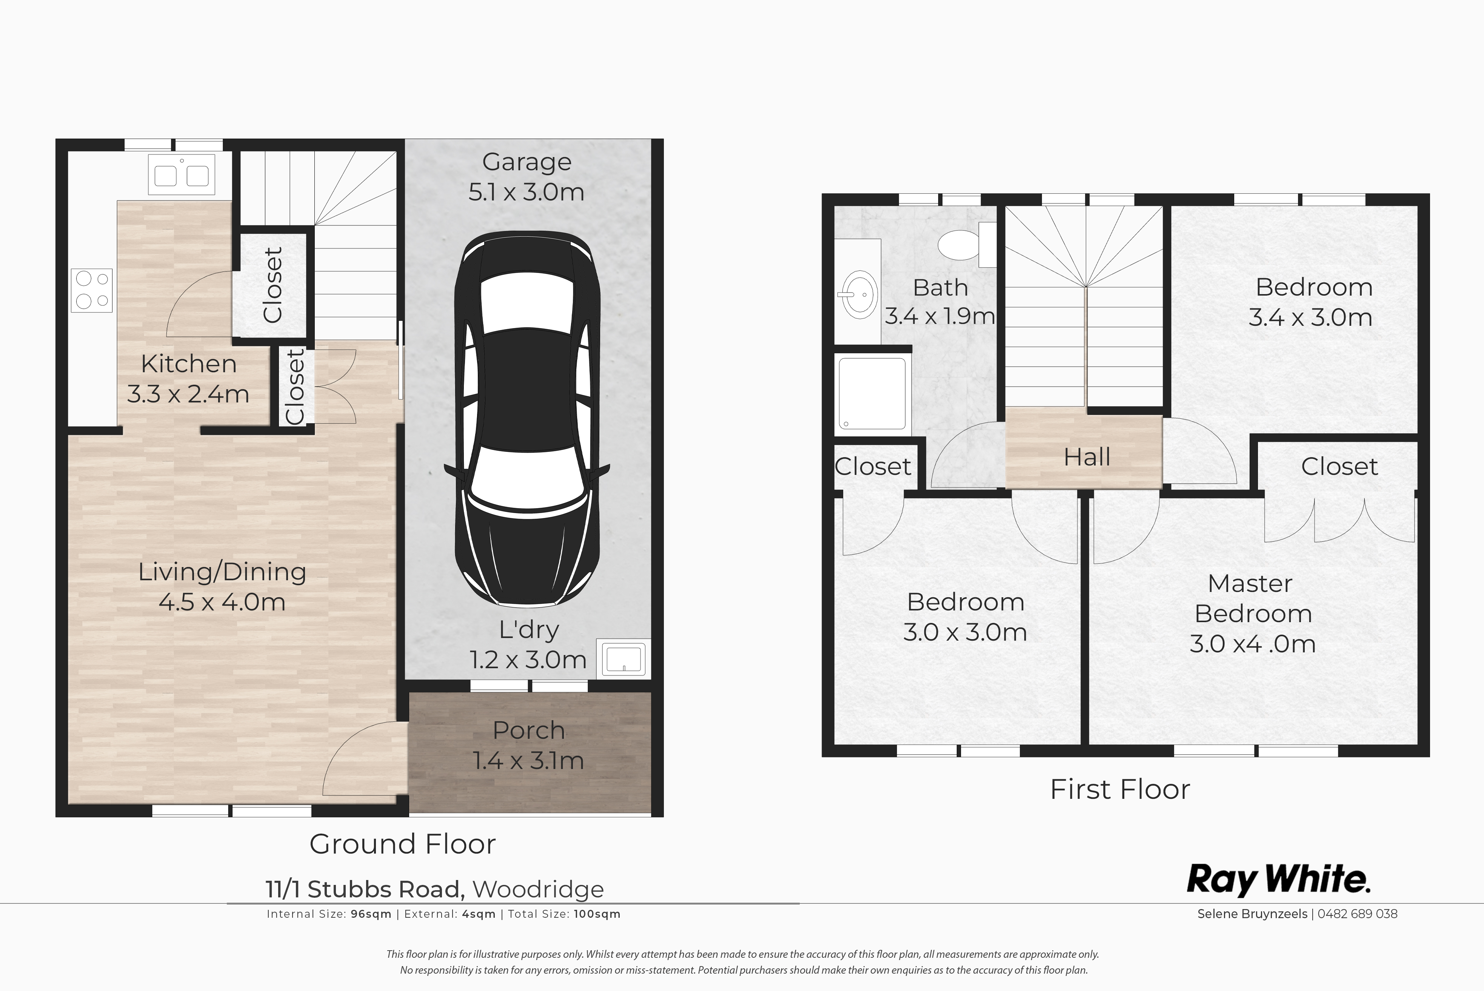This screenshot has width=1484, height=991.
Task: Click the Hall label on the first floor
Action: click(1087, 457)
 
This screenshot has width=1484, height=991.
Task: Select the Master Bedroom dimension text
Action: click(1253, 644)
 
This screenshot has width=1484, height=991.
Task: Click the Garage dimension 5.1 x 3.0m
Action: click(526, 192)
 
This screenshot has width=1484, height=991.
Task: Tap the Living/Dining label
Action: click(222, 572)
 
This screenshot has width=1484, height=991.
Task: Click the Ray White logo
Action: click(1279, 880)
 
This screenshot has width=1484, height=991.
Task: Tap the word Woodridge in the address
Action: click(538, 889)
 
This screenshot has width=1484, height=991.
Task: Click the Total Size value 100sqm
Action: click(597, 914)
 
